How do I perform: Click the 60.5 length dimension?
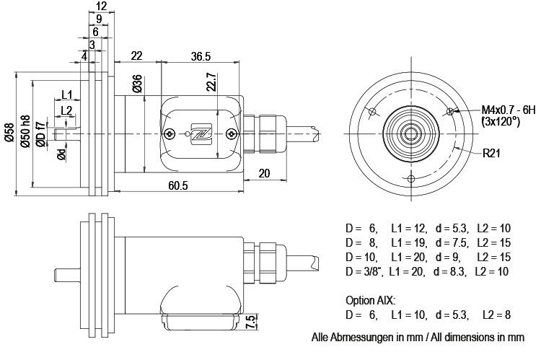177,186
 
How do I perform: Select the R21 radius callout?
493,153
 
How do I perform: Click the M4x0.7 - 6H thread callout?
509,110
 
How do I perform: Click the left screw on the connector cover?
169,133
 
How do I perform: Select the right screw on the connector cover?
230,133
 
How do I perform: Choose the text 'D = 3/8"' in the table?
364,271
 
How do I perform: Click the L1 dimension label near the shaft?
66,95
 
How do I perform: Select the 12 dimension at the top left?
101,6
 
